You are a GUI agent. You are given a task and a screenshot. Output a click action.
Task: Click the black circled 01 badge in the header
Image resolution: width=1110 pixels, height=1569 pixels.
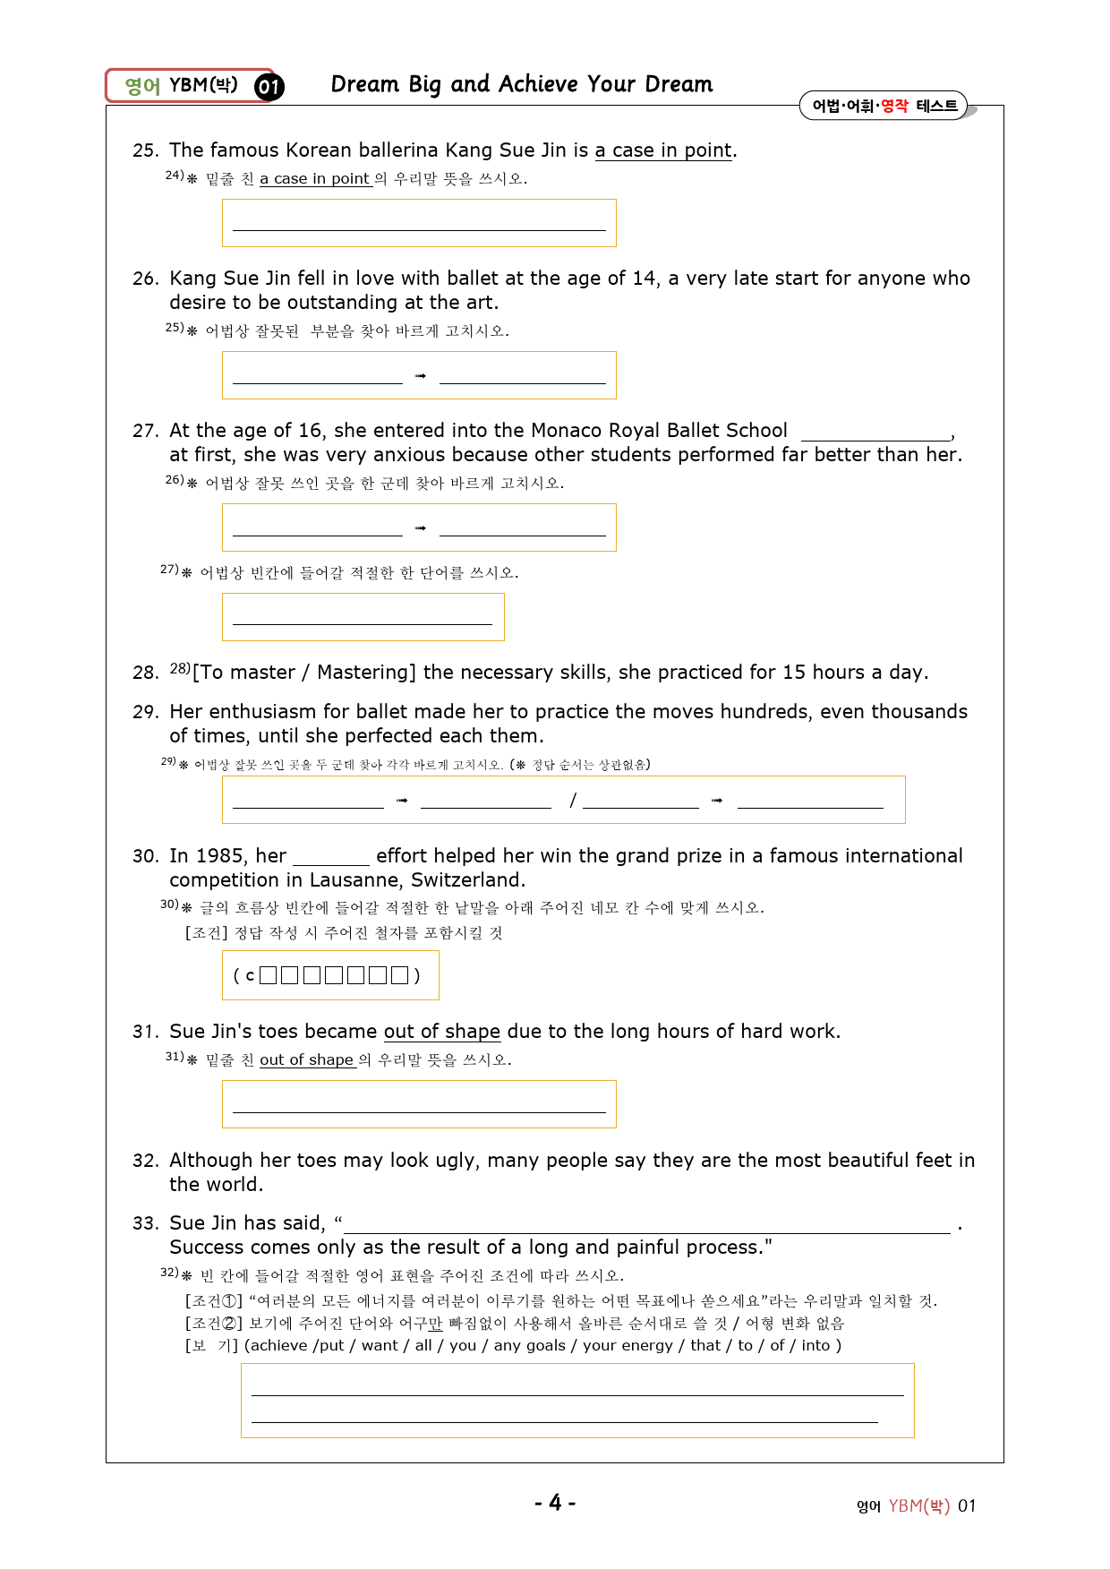click(x=269, y=87)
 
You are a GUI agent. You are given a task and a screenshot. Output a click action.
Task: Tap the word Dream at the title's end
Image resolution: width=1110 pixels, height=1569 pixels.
click(x=679, y=84)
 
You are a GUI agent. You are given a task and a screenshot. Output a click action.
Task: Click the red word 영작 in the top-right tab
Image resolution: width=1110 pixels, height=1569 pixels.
click(x=894, y=106)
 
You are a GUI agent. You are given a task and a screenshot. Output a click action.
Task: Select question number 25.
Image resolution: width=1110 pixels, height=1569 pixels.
click(x=145, y=150)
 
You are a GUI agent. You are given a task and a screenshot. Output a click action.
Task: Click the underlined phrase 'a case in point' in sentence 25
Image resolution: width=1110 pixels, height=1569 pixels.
click(x=663, y=150)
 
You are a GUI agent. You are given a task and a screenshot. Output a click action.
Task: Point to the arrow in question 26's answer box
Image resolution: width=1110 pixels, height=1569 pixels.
click(x=421, y=376)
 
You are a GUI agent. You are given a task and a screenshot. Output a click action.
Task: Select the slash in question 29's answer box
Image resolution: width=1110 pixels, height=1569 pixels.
click(x=573, y=800)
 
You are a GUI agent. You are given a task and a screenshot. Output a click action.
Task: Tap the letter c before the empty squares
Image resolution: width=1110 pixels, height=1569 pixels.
click(x=250, y=975)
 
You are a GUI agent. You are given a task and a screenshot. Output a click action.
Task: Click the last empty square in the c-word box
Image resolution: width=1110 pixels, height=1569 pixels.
click(x=400, y=975)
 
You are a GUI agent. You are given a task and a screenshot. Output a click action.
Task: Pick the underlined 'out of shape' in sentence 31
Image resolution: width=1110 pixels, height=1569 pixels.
click(x=441, y=1032)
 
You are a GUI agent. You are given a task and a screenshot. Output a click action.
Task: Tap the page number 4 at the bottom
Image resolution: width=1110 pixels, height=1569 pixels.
click(x=555, y=1503)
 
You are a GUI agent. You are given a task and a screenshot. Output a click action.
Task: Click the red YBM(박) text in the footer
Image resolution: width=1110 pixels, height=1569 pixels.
click(x=918, y=1506)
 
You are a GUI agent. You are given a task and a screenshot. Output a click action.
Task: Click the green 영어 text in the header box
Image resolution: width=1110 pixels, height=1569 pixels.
click(x=142, y=86)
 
